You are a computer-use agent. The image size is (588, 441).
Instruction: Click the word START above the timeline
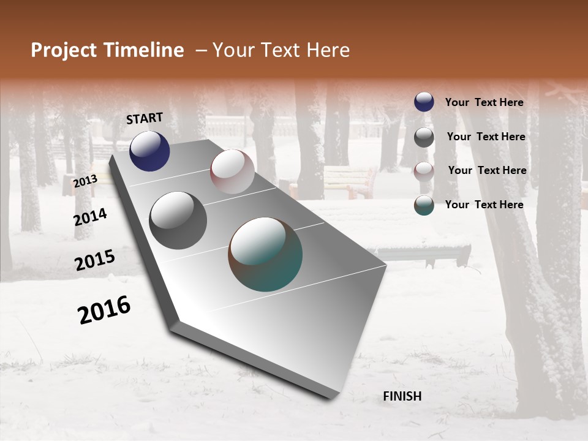tap(145, 118)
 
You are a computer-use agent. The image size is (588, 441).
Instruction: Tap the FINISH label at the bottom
tap(402, 396)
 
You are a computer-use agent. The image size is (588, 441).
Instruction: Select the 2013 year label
tap(85, 181)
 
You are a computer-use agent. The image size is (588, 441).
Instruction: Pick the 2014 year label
tap(91, 217)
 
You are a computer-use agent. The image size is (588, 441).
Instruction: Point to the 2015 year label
tap(95, 260)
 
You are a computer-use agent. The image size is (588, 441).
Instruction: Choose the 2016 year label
tap(104, 309)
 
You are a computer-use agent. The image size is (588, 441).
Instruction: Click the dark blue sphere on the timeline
tap(149, 151)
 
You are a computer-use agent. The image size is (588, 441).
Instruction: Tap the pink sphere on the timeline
tap(232, 171)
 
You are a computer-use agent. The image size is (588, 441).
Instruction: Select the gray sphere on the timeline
tap(178, 221)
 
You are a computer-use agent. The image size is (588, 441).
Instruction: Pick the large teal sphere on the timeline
tap(265, 254)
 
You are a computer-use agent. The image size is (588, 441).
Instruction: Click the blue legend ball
tap(424, 102)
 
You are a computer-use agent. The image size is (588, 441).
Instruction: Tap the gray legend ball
tap(424, 137)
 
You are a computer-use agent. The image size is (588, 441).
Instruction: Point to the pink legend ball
tap(424, 171)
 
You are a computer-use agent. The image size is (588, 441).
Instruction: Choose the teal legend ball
tap(424, 205)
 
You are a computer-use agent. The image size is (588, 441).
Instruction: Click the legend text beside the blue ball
tap(484, 102)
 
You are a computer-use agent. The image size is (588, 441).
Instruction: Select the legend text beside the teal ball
tap(484, 205)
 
